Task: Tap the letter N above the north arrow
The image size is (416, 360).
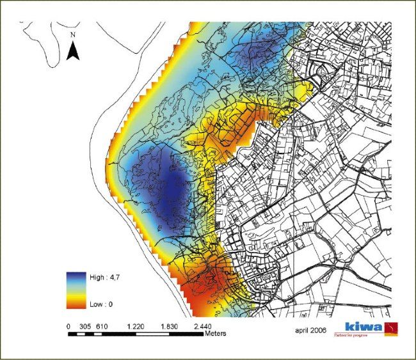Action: tap(74, 35)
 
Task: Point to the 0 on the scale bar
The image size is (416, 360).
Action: tap(68, 326)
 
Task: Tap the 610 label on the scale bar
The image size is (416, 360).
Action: tap(101, 326)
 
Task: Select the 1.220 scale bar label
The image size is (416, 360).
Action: tap(136, 326)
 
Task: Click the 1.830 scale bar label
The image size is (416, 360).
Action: tap(170, 326)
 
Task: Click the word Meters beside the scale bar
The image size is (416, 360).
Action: tap(216, 334)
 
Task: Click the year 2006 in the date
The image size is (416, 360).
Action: tap(319, 331)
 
